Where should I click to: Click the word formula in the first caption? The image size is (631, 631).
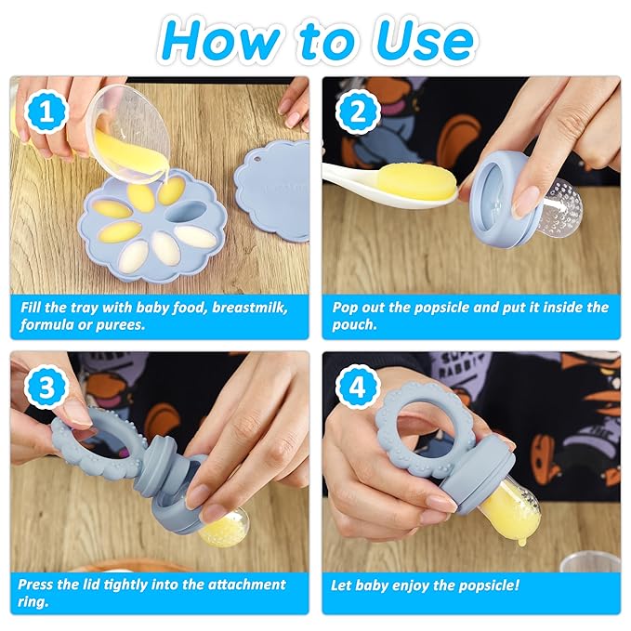coord(46,326)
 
